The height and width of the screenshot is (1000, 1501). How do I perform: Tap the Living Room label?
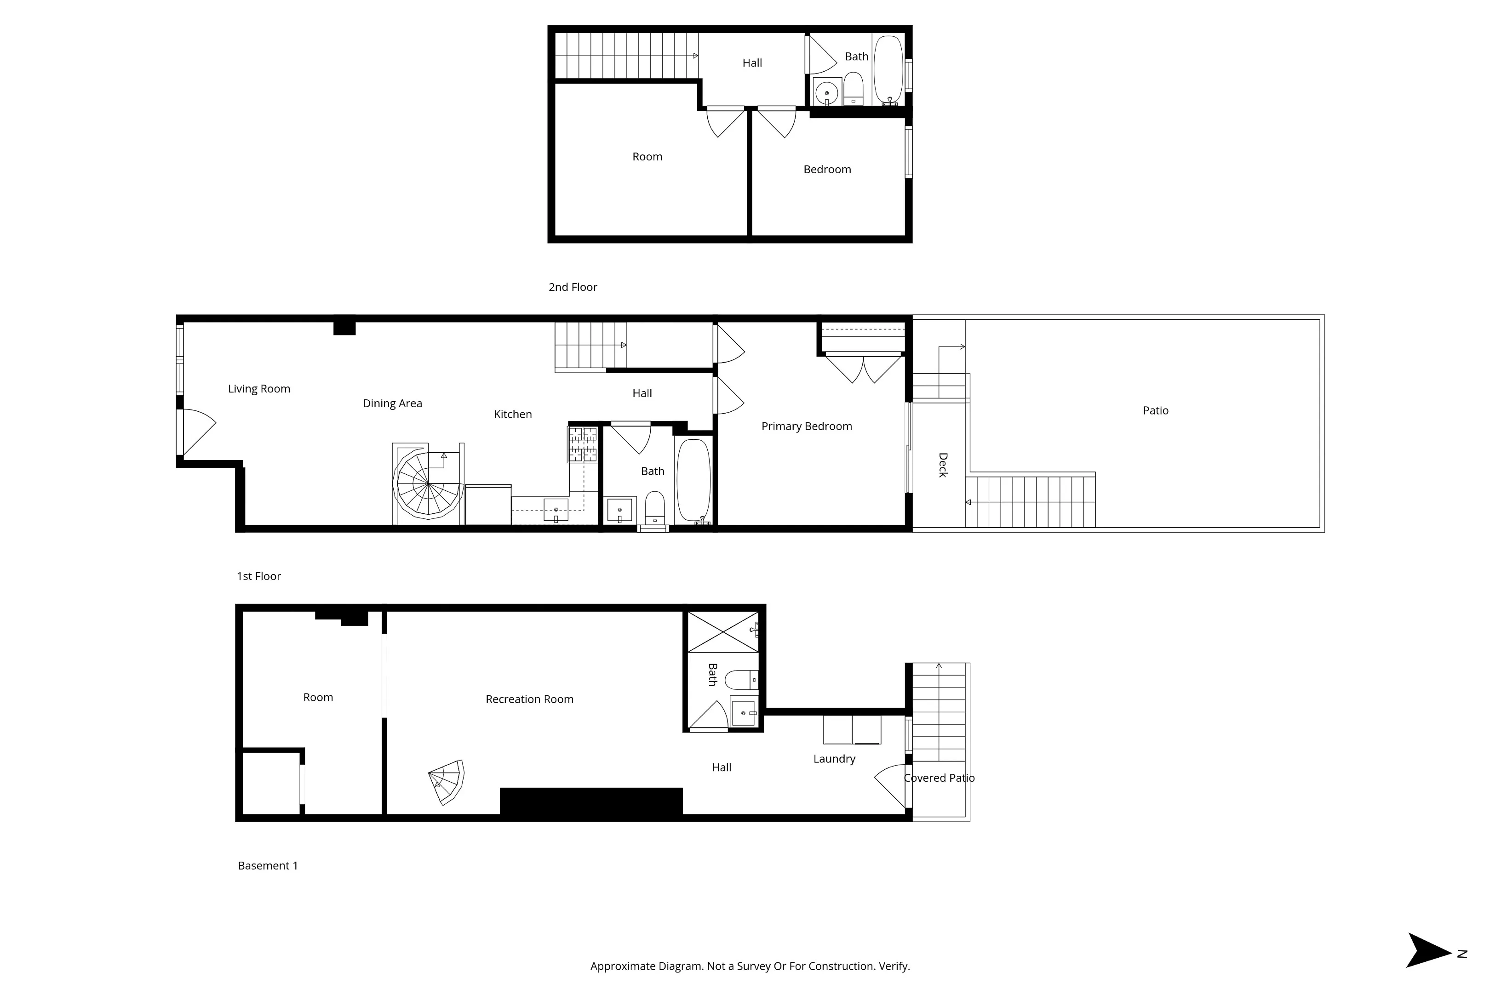pyautogui.click(x=259, y=389)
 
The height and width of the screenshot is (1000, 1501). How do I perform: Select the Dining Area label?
pyautogui.click(x=392, y=403)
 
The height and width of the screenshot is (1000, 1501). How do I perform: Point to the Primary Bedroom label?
pyautogui.click(x=807, y=426)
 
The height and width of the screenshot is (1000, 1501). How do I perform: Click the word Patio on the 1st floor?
pyautogui.click(x=1155, y=411)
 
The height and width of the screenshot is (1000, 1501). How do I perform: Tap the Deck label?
pyautogui.click(x=943, y=465)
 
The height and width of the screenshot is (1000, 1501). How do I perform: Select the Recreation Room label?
pyautogui.click(x=530, y=699)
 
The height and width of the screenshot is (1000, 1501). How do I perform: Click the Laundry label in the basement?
pyautogui.click(x=834, y=759)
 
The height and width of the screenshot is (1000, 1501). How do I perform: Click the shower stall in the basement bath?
pyautogui.click(x=722, y=631)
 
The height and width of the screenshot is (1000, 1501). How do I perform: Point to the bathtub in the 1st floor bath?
pyautogui.click(x=693, y=480)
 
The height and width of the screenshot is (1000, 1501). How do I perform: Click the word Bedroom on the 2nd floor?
pyautogui.click(x=827, y=170)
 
